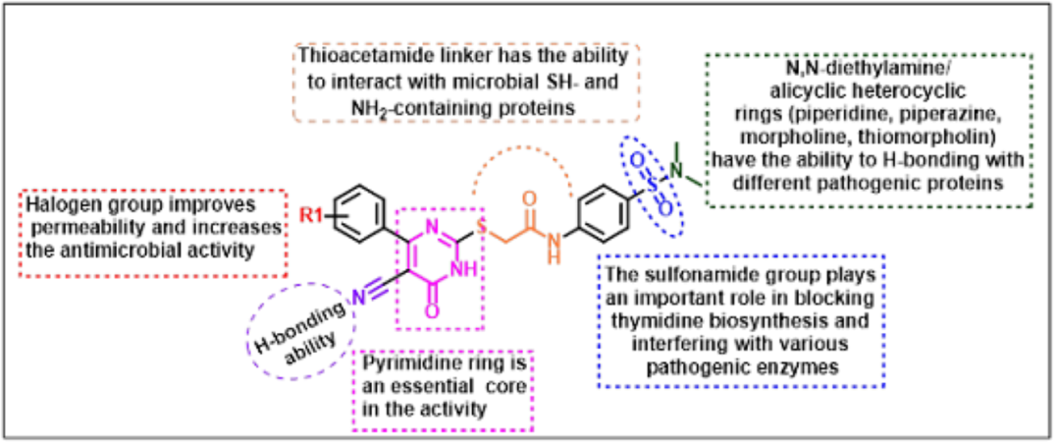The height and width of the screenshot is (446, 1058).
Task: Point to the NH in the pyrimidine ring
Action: click(x=463, y=267)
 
